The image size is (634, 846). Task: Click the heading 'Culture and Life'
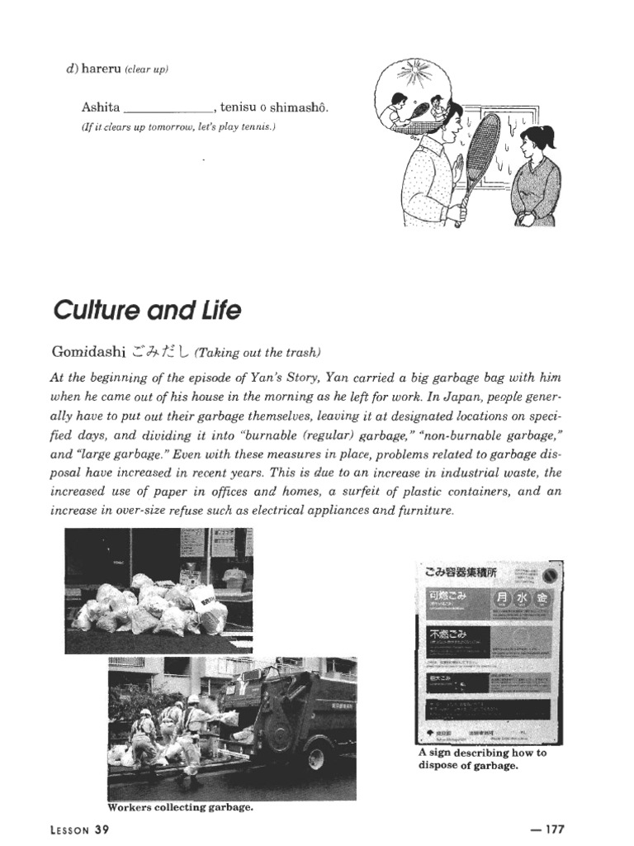point(147,311)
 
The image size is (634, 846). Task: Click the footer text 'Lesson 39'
point(80,829)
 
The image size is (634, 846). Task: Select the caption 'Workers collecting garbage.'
point(179,807)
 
